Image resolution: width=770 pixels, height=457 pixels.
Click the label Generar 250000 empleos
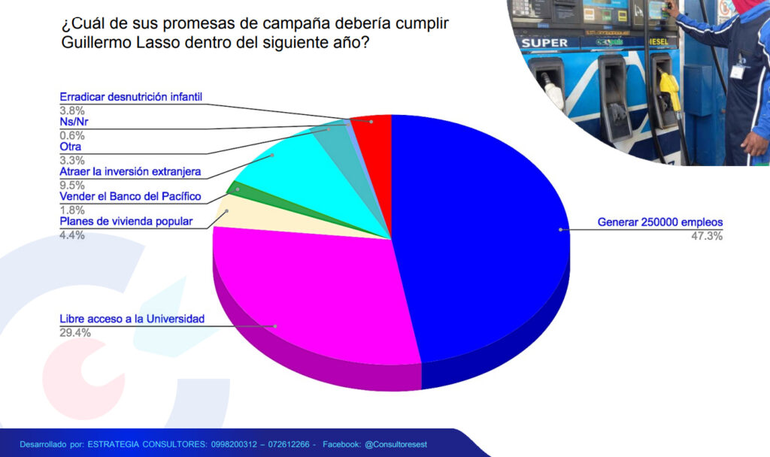[x=660, y=222]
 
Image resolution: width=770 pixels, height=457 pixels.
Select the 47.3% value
[x=707, y=236]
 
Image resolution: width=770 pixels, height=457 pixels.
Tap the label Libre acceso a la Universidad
[x=132, y=319]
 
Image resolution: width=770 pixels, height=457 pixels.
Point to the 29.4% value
[x=75, y=333]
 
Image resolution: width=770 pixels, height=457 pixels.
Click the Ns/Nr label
[x=74, y=122]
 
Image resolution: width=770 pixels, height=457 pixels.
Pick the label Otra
[x=70, y=147]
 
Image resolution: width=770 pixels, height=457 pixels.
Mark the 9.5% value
[x=72, y=185]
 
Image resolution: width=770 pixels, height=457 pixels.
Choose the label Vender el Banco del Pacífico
[x=130, y=196]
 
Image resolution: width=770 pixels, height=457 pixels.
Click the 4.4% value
[x=72, y=235]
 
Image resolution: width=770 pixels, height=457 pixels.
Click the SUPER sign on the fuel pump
[x=544, y=43]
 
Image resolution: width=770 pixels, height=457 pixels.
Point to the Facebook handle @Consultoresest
[x=396, y=444]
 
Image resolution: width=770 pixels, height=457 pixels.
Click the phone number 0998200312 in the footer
[x=234, y=444]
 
